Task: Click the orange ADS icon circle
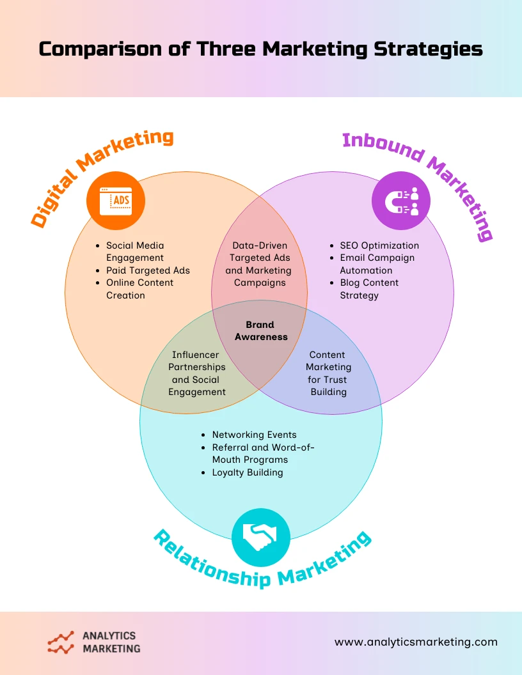(116, 201)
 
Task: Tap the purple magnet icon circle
(401, 201)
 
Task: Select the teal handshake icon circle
(261, 538)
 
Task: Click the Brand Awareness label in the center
(261, 330)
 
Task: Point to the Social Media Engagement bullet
(135, 251)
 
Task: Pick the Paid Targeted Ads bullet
(148, 270)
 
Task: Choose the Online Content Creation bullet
(139, 289)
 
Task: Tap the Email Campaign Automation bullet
(377, 264)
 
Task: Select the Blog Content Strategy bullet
(369, 289)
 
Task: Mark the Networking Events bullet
(254, 435)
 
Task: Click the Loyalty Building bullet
(247, 472)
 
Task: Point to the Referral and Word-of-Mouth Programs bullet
(263, 453)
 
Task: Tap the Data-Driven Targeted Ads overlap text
(260, 264)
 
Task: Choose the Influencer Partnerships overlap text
(197, 373)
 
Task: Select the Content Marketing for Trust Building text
(328, 373)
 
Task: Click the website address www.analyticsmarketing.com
(416, 642)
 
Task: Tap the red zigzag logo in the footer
(61, 642)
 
